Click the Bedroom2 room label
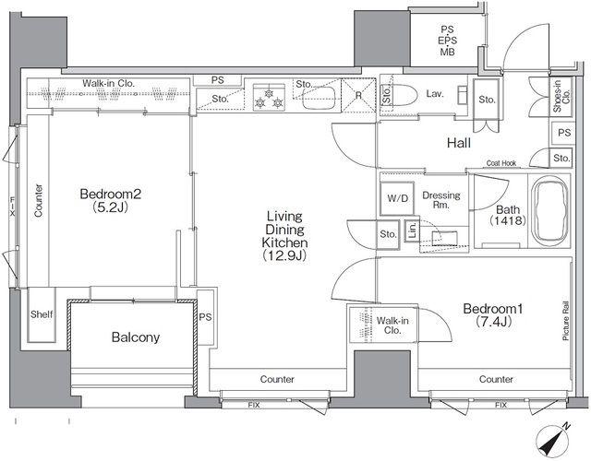(111, 200)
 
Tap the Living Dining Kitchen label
(284, 236)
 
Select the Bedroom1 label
(493, 315)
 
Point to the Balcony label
(136, 337)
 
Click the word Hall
(459, 143)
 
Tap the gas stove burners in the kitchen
(268, 98)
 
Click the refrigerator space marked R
(358, 95)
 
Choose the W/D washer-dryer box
(398, 198)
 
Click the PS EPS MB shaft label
(448, 41)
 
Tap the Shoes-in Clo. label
(561, 96)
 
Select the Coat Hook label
(501, 163)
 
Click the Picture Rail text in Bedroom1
(566, 322)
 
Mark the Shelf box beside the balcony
(42, 314)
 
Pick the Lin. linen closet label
(412, 230)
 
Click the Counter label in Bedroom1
(496, 379)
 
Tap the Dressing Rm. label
(441, 200)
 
